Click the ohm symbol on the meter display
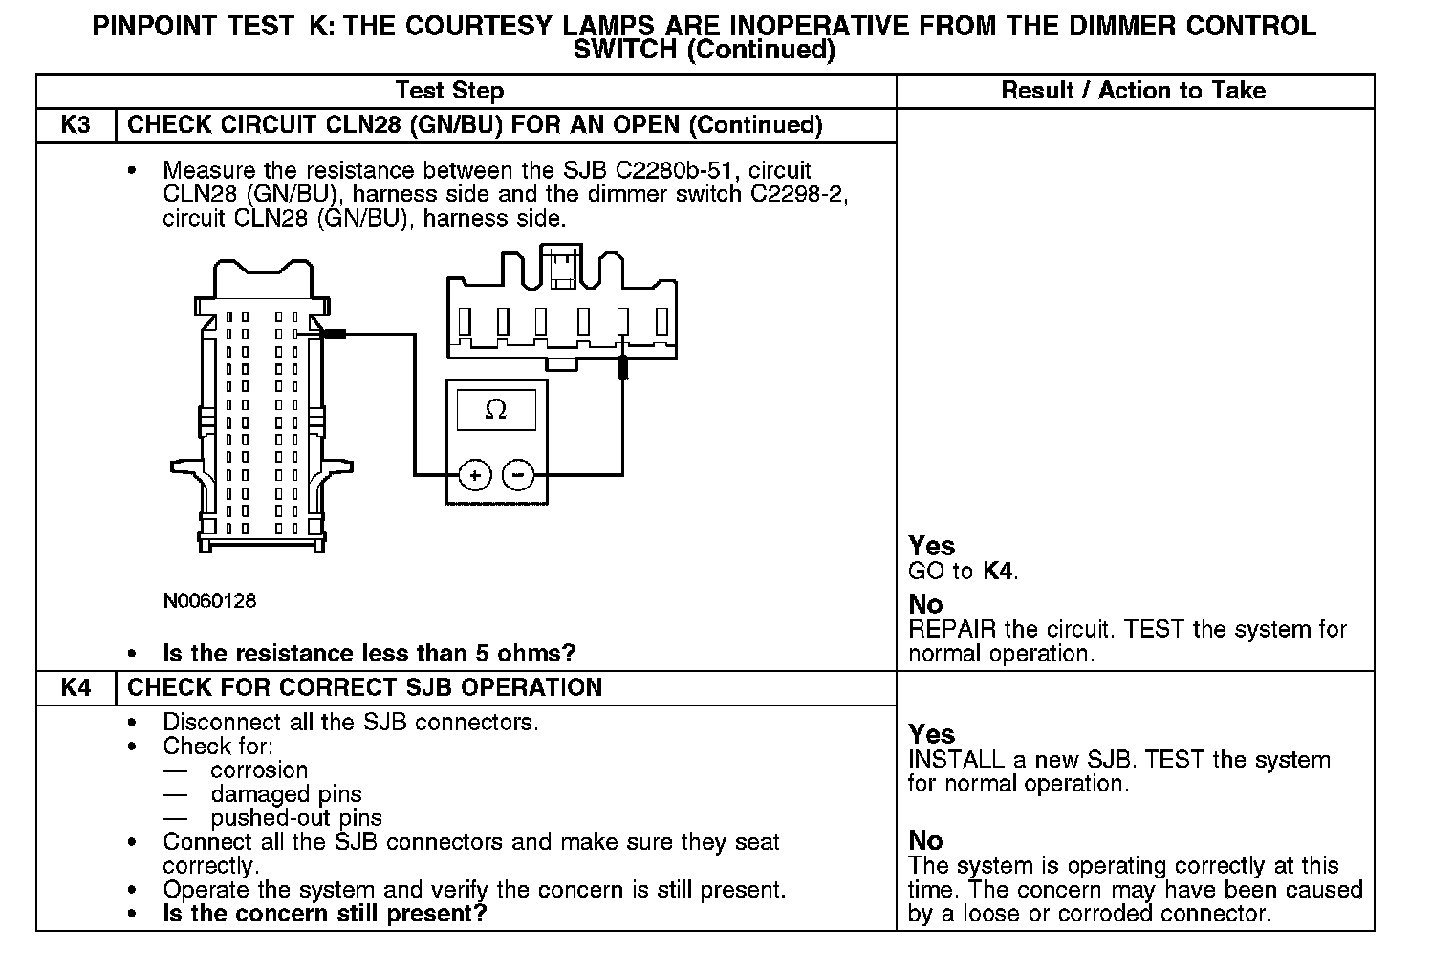pos(496,410)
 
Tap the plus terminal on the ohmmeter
pos(475,474)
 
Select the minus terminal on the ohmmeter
pos(518,474)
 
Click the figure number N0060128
pos(209,601)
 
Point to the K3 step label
pos(76,125)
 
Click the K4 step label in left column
pos(76,688)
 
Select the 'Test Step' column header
pos(449,91)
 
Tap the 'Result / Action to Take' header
pos(1133,91)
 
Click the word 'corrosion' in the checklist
pos(259,770)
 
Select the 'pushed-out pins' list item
pos(296,818)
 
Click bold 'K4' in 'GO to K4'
pos(997,572)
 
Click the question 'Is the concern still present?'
pos(325,914)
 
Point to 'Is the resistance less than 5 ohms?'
pos(369,654)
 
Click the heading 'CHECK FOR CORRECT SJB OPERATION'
pos(364,688)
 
